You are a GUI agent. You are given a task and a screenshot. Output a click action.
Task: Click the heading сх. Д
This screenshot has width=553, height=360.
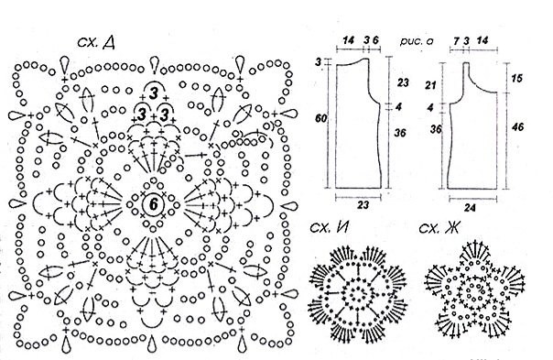click(95, 42)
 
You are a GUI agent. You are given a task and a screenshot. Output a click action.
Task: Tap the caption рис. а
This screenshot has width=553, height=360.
click(417, 41)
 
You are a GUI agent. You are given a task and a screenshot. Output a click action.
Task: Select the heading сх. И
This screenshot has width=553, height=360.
click(329, 228)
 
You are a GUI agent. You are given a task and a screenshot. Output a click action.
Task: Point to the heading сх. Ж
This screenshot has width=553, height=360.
click(439, 228)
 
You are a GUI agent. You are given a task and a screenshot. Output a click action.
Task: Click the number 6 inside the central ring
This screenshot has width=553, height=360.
click(154, 204)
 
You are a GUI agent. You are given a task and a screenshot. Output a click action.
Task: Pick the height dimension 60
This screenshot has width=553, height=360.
click(320, 118)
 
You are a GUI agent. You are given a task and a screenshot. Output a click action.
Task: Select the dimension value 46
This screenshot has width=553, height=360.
click(517, 126)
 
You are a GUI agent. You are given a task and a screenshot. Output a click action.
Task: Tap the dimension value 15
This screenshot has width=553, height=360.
click(516, 78)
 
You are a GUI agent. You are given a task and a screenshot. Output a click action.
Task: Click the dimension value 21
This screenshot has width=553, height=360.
click(431, 85)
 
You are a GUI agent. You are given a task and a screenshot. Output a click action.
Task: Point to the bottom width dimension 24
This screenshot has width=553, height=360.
click(470, 208)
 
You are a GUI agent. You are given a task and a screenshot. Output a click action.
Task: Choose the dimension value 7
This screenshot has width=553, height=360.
click(456, 41)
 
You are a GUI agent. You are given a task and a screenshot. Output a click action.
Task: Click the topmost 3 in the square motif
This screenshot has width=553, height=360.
click(154, 93)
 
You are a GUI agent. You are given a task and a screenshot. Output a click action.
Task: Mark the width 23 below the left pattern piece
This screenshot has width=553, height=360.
click(363, 204)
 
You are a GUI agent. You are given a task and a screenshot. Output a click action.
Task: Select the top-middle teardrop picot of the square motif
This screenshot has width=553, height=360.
click(154, 64)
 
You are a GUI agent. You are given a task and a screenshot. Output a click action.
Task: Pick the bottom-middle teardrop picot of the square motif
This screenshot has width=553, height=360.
click(152, 344)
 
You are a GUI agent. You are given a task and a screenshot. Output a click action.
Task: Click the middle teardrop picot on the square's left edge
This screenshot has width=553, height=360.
click(17, 204)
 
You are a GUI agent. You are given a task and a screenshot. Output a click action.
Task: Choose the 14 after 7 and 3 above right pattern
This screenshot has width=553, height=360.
click(483, 40)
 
